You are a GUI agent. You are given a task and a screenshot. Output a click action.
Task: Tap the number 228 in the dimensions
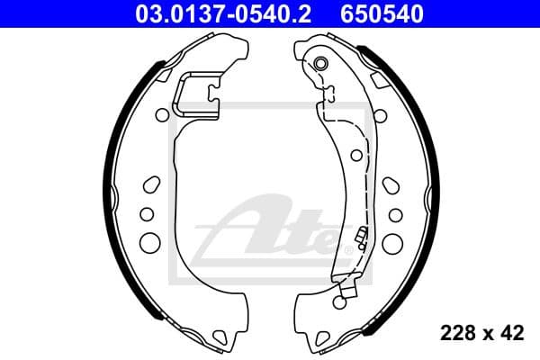456,334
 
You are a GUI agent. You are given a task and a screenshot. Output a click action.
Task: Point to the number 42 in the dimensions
512,334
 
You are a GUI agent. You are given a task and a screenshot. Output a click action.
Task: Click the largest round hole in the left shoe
149,241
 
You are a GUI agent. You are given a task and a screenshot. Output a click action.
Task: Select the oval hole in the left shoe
150,184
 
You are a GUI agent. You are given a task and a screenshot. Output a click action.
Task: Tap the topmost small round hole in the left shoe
162,114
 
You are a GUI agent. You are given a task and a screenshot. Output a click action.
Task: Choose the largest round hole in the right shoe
395,241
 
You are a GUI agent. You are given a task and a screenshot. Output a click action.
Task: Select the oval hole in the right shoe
391,184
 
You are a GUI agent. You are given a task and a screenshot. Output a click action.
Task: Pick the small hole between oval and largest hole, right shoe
395,214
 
